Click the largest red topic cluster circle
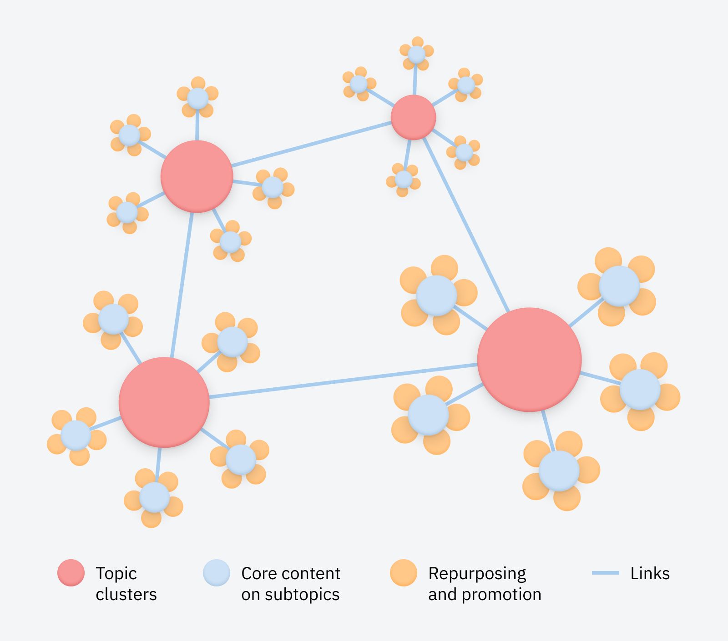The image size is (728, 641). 529,360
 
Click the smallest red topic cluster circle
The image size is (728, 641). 413,117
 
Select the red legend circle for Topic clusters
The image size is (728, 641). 71,573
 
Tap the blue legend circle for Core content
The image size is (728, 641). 217,573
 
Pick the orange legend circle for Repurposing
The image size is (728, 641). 404,573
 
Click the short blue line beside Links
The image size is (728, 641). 605,573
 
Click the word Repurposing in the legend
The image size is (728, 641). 477,574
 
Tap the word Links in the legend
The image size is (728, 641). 650,574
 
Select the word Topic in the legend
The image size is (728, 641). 116,574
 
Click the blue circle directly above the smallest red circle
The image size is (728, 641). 416,55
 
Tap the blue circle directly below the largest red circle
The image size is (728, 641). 559,471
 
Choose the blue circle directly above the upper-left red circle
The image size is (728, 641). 197,98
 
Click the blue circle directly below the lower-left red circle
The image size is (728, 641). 154,498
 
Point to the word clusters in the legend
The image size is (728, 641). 126,595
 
